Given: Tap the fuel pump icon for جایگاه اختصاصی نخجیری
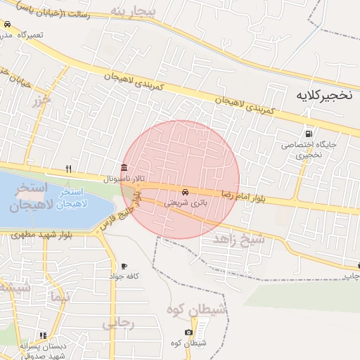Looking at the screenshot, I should pyautogui.click(x=308, y=134).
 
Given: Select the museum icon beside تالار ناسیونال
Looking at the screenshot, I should pyautogui.click(x=124, y=167).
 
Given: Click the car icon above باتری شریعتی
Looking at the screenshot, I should pyautogui.click(x=185, y=191).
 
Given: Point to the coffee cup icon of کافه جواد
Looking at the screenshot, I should pyautogui.click(x=124, y=266).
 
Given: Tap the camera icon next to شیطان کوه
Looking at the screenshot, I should pyautogui.click(x=188, y=332).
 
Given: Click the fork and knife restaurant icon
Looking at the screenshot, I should pyautogui.click(x=68, y=169).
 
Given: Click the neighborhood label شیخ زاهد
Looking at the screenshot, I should pyautogui.click(x=243, y=240).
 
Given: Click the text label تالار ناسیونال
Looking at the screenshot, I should pyautogui.click(x=124, y=179).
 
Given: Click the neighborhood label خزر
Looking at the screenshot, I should pyautogui.click(x=41, y=101).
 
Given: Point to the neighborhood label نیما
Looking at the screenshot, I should pyautogui.click(x=60, y=297).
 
